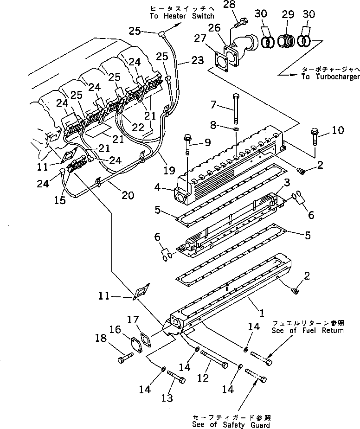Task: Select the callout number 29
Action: [x=288, y=15]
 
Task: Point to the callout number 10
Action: [x=339, y=131]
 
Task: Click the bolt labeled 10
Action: [x=315, y=136]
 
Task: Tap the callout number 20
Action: [x=128, y=195]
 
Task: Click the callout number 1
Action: [x=261, y=314]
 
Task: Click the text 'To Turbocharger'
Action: [x=324, y=77]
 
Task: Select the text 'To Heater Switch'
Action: [x=176, y=16]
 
